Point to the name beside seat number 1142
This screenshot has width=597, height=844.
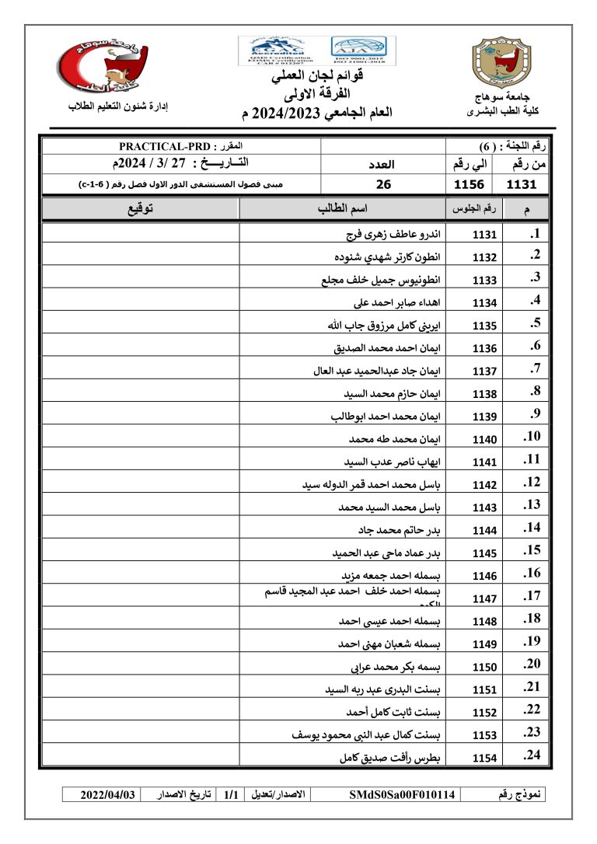372,485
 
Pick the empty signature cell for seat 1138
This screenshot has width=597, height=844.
140,393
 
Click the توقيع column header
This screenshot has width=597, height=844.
140,210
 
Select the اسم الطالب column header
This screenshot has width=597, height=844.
342,210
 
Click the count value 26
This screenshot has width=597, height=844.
383,185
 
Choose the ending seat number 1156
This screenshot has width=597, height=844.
470,185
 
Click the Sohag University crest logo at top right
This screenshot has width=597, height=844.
502,66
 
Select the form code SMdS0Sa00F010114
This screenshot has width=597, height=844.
403,795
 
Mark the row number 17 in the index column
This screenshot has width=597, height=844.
532,597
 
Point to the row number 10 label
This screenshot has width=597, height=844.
532,437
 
